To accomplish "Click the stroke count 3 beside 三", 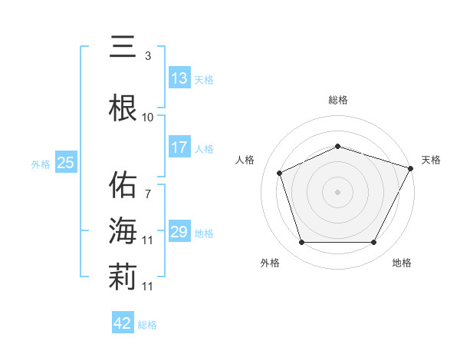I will point(148,56).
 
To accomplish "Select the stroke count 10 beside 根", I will point(148,118).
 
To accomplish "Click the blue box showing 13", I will point(179,78).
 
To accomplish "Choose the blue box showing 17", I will point(179,147).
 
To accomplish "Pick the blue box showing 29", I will point(179,232).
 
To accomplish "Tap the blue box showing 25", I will point(65,163).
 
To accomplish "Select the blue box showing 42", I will point(122,323).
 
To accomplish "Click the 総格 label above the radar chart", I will point(338,100).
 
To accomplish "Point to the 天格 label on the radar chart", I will point(431,160).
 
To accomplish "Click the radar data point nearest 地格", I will point(374,243).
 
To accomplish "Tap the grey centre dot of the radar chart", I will point(338,191).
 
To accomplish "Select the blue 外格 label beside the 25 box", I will point(41,164).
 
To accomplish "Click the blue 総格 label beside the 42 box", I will point(147,325).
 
